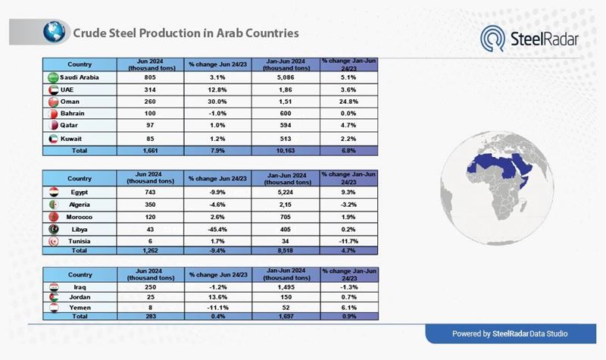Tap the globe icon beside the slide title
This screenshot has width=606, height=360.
click(54, 32)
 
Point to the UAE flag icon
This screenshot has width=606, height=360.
click(53, 89)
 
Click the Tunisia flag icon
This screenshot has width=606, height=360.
click(53, 240)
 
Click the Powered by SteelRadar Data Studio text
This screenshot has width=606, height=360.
click(510, 333)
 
